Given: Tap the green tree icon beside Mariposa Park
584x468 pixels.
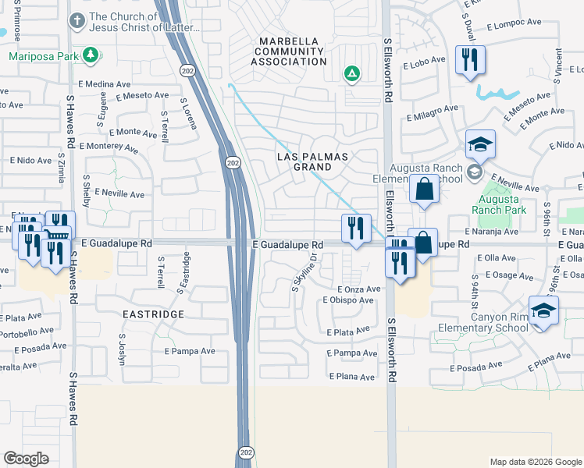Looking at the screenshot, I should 91,55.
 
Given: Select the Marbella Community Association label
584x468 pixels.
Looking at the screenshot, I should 289,51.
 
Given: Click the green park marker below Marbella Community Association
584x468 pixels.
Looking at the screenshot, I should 352,74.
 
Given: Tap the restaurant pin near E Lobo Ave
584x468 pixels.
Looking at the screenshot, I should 470,61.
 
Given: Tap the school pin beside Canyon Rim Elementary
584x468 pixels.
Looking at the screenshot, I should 543,310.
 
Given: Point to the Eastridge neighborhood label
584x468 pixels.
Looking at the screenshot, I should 153,314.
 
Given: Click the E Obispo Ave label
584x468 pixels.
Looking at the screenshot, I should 351,300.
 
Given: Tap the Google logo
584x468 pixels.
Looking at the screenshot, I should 27,458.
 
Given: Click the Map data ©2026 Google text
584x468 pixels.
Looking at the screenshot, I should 535,462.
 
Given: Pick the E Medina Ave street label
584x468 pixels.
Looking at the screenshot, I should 104,84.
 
